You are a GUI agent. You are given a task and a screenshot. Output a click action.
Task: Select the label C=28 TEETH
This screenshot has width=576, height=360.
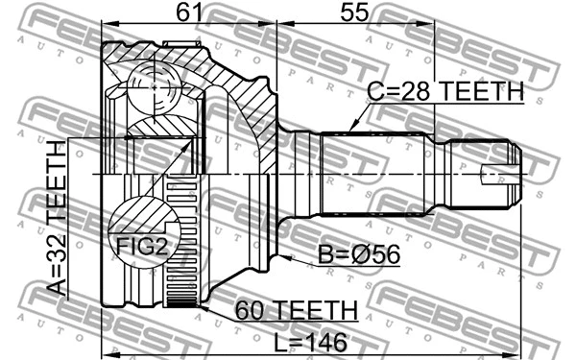444,93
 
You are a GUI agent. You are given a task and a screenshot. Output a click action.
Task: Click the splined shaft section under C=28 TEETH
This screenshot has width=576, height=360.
374,173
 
